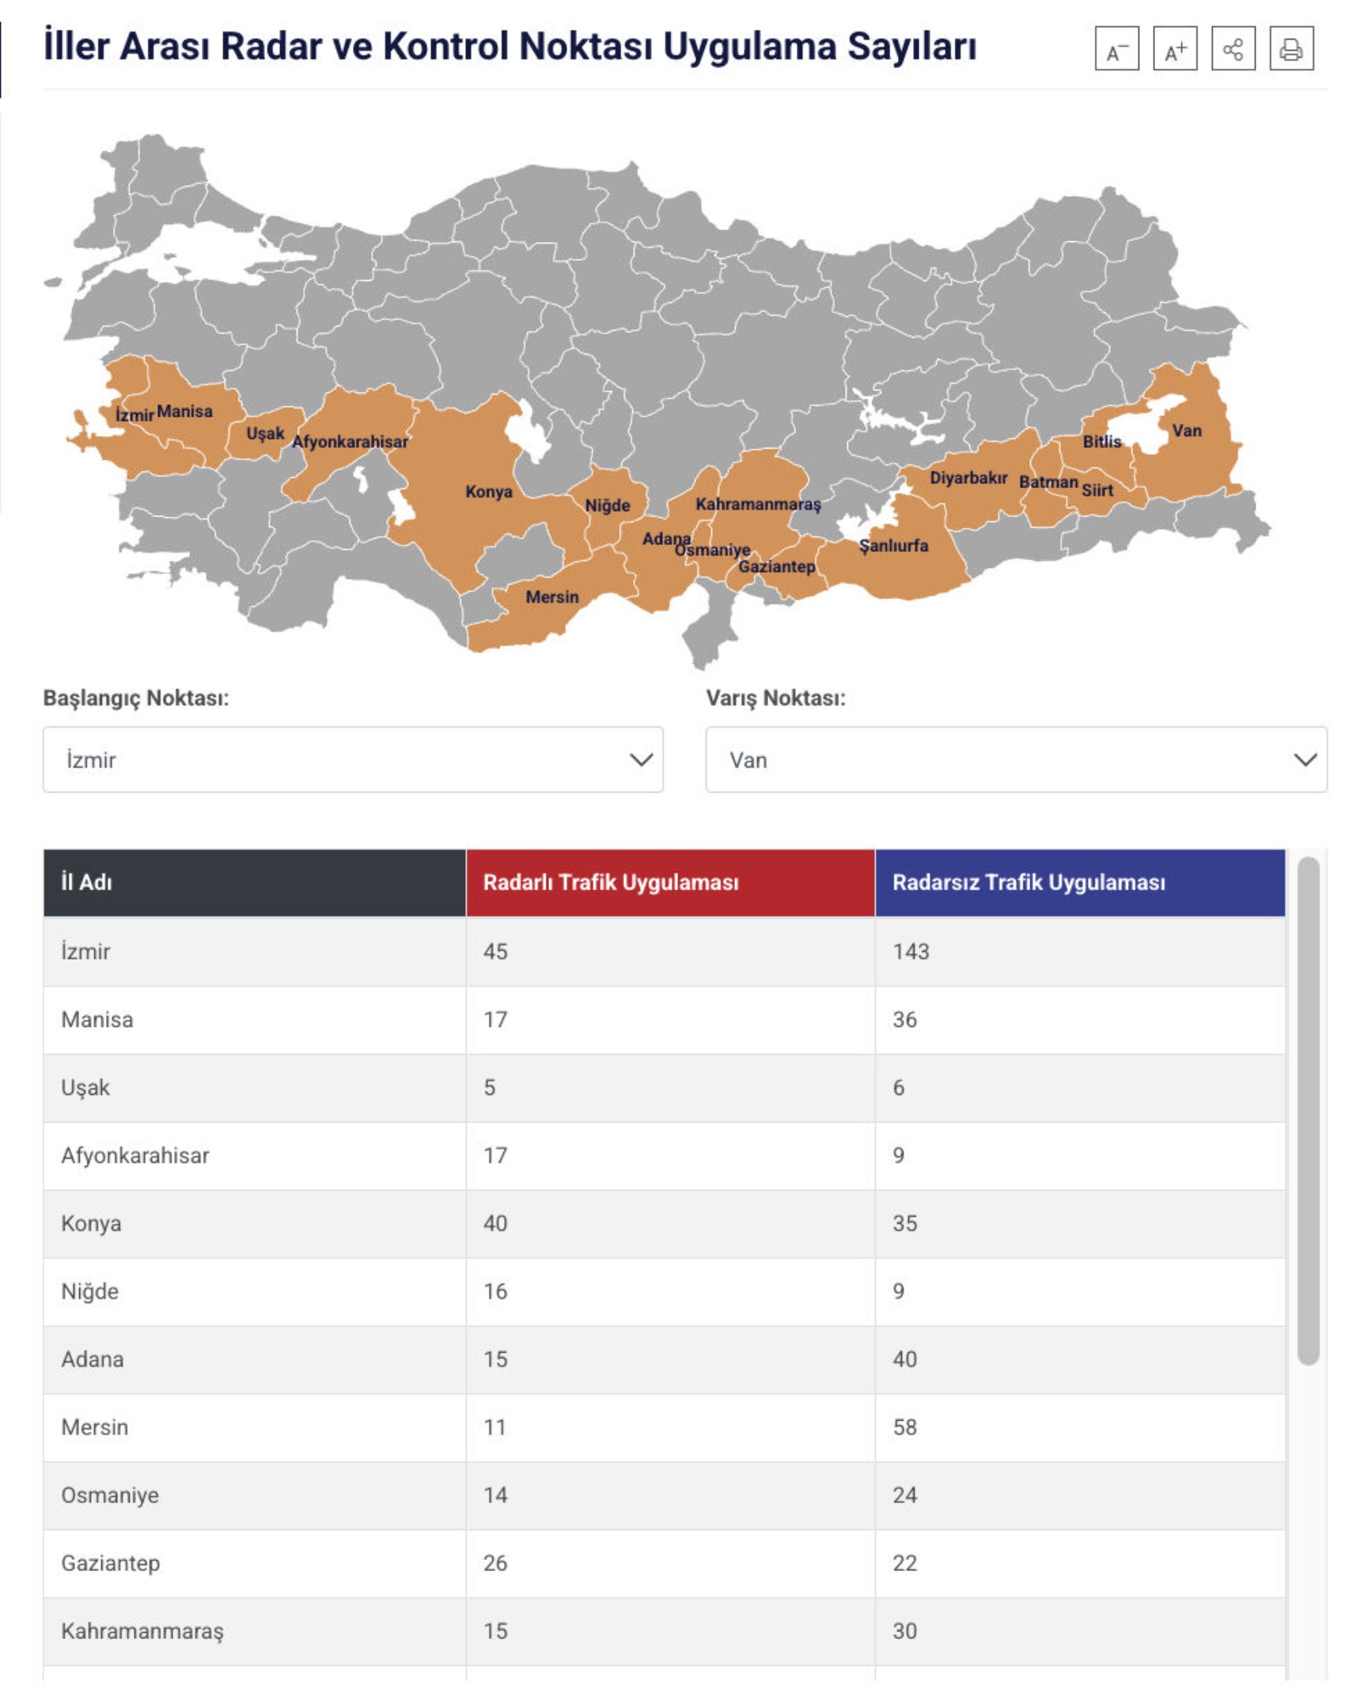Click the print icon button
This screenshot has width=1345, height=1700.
click(1290, 49)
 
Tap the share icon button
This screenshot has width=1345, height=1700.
click(1233, 49)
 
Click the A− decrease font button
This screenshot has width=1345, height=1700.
click(1116, 49)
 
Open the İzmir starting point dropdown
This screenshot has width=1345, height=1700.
click(353, 759)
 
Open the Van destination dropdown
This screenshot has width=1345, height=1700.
click(1016, 759)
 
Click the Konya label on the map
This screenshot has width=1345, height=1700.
click(488, 492)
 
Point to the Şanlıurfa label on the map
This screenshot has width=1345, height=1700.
click(893, 546)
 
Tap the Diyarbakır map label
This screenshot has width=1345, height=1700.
click(968, 478)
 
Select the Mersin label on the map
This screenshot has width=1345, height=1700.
click(552, 597)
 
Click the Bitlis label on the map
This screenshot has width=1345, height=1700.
click(1101, 441)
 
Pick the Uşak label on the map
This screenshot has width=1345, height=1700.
click(264, 434)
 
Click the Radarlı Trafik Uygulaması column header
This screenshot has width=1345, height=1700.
click(611, 882)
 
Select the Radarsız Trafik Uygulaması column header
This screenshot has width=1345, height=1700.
click(1029, 882)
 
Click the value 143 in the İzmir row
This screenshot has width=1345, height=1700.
click(911, 951)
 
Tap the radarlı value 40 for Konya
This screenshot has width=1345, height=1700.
click(495, 1223)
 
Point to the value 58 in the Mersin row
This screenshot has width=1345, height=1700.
click(904, 1427)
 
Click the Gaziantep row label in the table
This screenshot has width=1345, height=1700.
click(111, 1563)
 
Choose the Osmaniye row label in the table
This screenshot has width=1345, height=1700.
click(110, 1495)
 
